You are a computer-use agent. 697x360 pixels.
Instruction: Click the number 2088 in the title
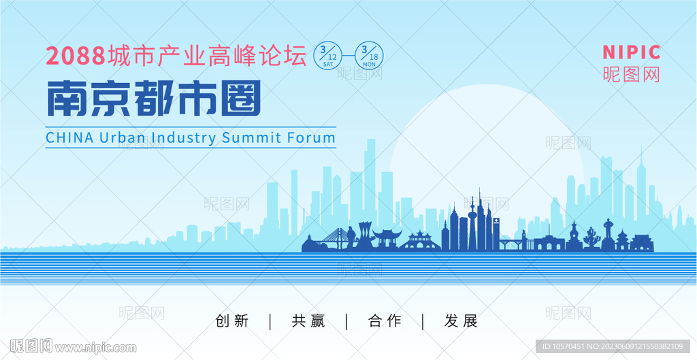pyautogui.click(x=75, y=56)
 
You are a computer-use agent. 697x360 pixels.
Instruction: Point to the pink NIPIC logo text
pyautogui.click(x=632, y=52)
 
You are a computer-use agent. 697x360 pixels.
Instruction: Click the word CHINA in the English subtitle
pyautogui.click(x=69, y=137)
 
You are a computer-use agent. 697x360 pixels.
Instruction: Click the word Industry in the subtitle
pyautogui.click(x=184, y=137)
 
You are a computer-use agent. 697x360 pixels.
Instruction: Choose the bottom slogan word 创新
pyautogui.click(x=231, y=321)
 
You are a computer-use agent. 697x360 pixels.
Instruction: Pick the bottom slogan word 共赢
pyautogui.click(x=308, y=321)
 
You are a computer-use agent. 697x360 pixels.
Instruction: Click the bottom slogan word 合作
pyautogui.click(x=385, y=321)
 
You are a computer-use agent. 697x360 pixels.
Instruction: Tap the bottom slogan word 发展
pyautogui.click(x=461, y=321)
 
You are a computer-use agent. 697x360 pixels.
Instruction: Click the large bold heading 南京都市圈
pyautogui.click(x=154, y=99)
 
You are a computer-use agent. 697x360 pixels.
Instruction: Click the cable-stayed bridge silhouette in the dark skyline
pyautogui.click(x=336, y=239)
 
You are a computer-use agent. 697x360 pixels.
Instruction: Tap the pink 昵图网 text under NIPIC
pyautogui.click(x=632, y=73)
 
